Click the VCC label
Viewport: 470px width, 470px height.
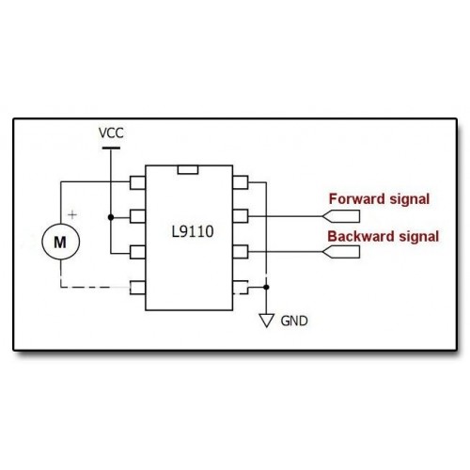pyautogui.click(x=111, y=133)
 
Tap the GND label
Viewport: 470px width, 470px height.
pyautogui.click(x=294, y=321)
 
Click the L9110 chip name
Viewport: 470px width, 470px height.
pyautogui.click(x=193, y=232)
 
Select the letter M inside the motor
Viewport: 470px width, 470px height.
pyautogui.click(x=60, y=243)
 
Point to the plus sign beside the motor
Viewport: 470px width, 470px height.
pyautogui.click(x=72, y=215)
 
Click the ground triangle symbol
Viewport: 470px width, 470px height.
pyautogui.click(x=267, y=321)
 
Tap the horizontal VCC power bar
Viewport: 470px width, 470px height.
pyautogui.click(x=111, y=149)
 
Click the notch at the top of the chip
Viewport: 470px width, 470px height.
pyautogui.click(x=188, y=169)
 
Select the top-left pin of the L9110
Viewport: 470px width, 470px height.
pyautogui.click(x=137, y=182)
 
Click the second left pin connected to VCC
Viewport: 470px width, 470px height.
pyautogui.click(x=137, y=216)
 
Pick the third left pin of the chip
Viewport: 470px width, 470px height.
pyautogui.click(x=137, y=252)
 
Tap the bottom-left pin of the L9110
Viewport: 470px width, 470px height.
pyautogui.click(x=137, y=288)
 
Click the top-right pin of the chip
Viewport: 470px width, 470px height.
pyautogui.click(x=241, y=182)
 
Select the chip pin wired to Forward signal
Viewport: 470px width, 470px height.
pyautogui.click(x=241, y=216)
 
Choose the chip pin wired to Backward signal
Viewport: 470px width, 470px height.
pyautogui.click(x=241, y=252)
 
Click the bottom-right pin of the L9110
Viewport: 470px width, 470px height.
pyautogui.click(x=241, y=288)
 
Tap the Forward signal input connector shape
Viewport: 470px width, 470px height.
pyautogui.click(x=341, y=216)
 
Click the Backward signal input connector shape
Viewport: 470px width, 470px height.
pyautogui.click(x=341, y=252)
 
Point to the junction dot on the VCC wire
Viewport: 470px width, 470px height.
pyautogui.click(x=111, y=217)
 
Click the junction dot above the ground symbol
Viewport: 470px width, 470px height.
pyautogui.click(x=266, y=287)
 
